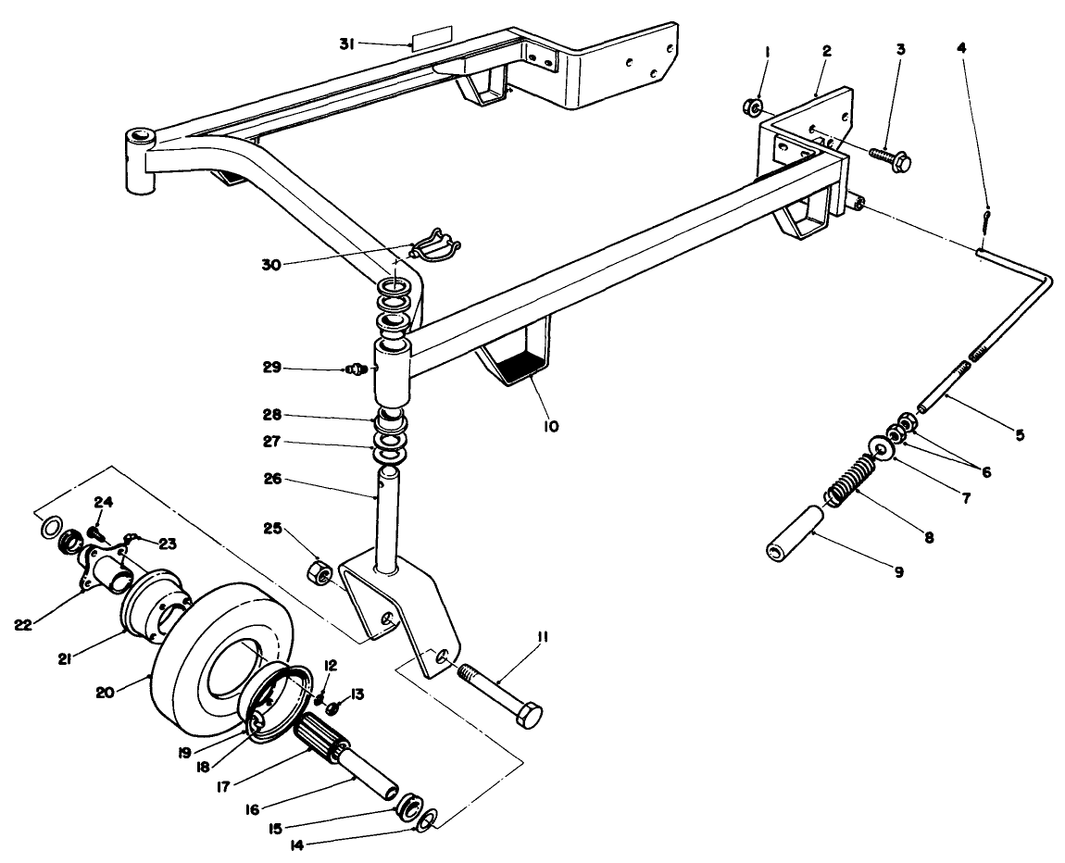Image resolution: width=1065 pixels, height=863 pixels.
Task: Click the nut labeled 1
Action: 754,108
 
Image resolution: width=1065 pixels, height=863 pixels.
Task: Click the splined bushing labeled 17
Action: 319,732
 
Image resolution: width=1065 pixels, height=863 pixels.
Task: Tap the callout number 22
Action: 25,625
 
